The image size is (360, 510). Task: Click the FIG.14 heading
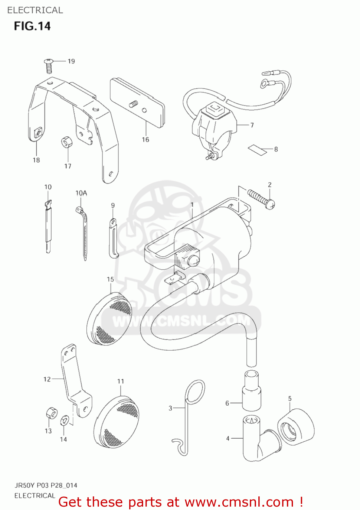32,26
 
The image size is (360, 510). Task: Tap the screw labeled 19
49,65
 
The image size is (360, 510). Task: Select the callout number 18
36,160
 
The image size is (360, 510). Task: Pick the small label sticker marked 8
257,149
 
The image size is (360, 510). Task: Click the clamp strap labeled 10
48,226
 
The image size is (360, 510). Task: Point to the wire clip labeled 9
113,238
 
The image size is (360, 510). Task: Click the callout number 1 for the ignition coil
192,205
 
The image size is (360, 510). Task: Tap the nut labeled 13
51,413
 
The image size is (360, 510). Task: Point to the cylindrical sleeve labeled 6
252,391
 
